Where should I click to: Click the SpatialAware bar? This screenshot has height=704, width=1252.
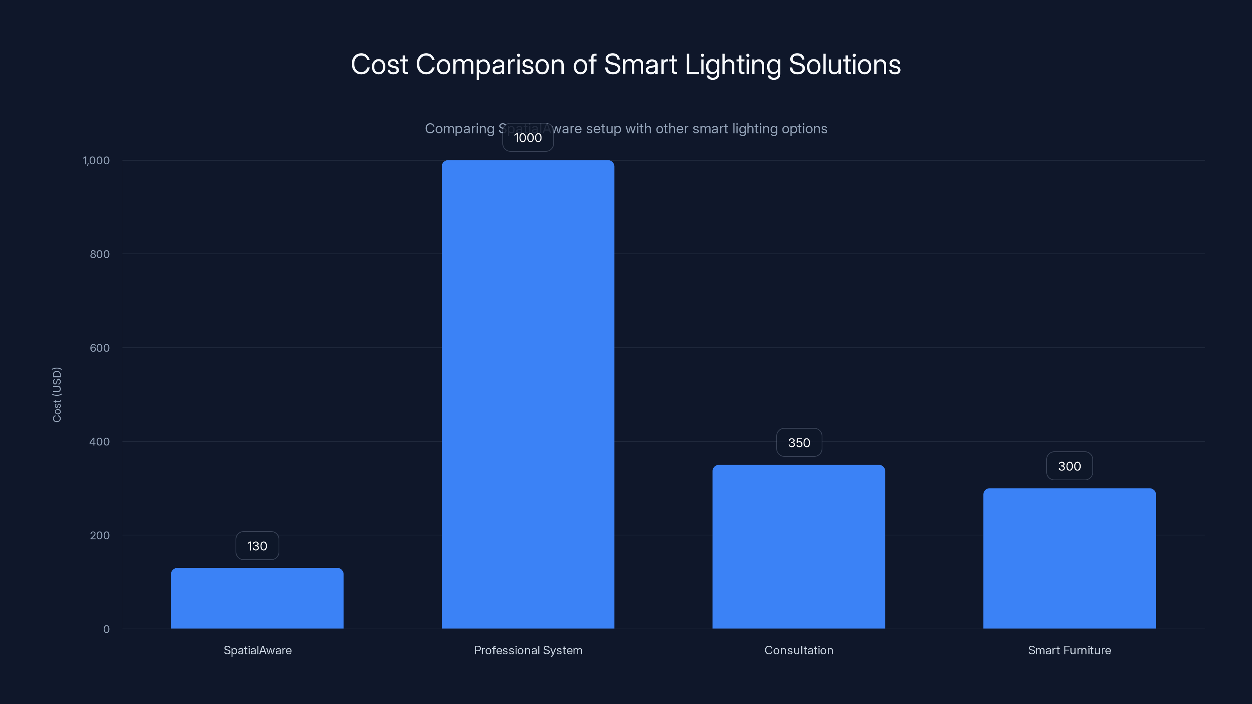click(x=257, y=598)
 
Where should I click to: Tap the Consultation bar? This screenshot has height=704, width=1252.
click(x=799, y=547)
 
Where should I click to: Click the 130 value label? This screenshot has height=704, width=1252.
click(x=257, y=546)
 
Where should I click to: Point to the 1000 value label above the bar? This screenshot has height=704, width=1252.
click(x=528, y=138)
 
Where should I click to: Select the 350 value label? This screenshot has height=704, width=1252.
click(x=799, y=443)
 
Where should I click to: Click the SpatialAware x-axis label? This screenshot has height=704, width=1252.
click(x=257, y=650)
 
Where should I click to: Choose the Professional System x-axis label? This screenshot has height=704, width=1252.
click(x=528, y=650)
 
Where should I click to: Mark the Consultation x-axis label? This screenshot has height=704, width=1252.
click(x=799, y=650)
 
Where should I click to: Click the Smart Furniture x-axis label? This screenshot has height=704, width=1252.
click(x=1069, y=650)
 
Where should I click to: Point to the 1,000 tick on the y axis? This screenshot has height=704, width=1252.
click(x=96, y=161)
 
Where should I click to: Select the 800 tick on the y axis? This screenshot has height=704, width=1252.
click(x=100, y=255)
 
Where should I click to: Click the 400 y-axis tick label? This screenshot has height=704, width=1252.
click(x=100, y=442)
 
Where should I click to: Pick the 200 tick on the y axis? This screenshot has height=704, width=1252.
click(x=100, y=536)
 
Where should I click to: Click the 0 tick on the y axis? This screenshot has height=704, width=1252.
click(x=106, y=630)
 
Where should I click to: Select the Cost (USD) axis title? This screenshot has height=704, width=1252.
click(x=57, y=395)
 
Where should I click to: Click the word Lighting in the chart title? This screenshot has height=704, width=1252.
click(x=732, y=65)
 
